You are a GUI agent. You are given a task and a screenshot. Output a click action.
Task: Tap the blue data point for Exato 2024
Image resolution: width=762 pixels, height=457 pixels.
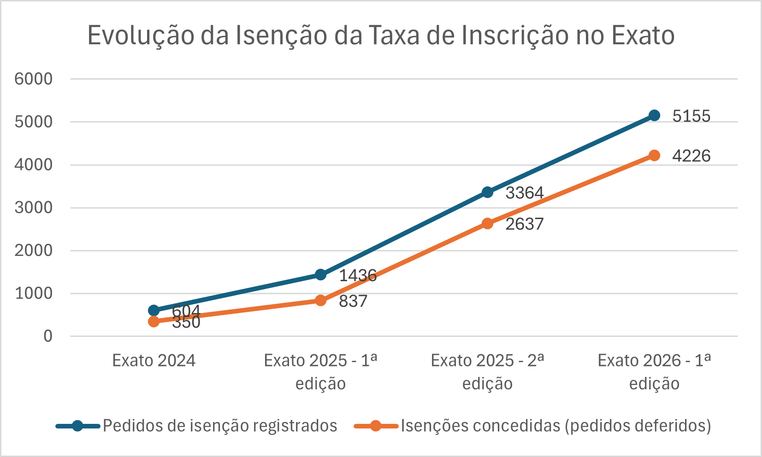tap(154, 311)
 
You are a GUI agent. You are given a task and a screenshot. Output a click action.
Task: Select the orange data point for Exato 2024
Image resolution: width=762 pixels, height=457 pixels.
tap(154, 321)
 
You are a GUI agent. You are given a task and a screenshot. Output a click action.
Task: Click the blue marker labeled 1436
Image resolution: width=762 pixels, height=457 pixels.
tap(321, 275)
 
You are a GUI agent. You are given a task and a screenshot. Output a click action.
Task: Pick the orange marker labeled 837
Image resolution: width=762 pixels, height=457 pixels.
tap(321, 301)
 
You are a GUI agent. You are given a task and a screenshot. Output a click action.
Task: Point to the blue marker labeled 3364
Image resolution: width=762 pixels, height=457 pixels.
tap(488, 192)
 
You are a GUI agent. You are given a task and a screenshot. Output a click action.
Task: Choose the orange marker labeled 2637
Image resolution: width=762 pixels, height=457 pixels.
tap(488, 224)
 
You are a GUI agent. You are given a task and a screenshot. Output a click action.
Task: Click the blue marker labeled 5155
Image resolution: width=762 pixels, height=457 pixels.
tap(654, 116)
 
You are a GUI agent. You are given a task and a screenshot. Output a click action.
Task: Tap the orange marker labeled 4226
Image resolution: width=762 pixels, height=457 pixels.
tap(654, 156)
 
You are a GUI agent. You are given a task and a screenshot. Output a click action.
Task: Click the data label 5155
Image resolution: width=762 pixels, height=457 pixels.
tap(691, 116)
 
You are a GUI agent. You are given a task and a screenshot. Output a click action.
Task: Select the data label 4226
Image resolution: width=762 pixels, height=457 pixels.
tap(691, 156)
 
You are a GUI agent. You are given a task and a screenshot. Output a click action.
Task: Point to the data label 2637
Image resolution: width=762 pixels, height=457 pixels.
tap(525, 224)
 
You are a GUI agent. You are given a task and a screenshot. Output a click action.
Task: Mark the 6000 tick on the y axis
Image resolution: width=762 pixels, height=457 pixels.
tap(34, 79)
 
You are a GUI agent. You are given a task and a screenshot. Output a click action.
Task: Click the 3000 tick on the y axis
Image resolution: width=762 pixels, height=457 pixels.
tap(34, 208)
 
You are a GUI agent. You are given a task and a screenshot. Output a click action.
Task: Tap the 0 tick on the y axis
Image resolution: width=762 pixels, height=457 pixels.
tap(48, 336)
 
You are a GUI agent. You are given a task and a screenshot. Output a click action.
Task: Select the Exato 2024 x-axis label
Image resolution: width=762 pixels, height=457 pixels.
tap(154, 361)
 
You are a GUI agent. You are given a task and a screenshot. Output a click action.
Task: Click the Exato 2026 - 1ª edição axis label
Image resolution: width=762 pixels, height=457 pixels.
tap(654, 372)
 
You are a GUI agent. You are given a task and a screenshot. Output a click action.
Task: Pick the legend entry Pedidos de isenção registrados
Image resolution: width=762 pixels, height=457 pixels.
tap(219, 426)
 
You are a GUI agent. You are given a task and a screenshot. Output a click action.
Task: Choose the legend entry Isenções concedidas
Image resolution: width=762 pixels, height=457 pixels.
tap(555, 426)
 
